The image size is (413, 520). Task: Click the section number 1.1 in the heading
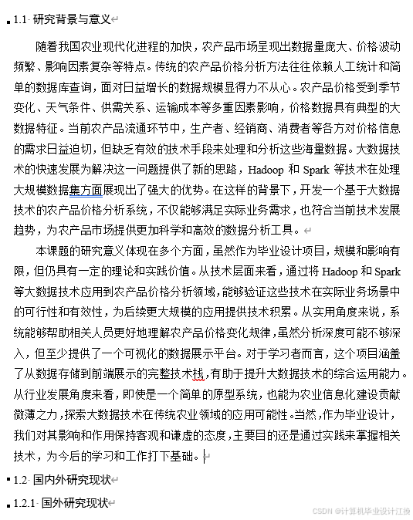point(21,19)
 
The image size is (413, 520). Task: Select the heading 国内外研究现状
point(72,480)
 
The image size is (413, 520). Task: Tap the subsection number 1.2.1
point(25,503)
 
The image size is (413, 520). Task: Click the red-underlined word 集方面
point(86,189)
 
